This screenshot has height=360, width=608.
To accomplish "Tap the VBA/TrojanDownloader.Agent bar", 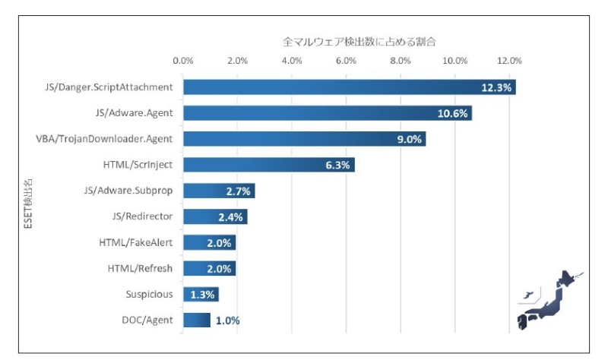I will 304,139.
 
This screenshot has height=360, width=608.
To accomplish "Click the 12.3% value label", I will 497,87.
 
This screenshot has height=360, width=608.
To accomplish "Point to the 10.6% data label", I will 453,113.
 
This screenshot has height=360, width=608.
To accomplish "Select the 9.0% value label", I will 408,139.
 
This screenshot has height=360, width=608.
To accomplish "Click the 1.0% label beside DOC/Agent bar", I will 227,321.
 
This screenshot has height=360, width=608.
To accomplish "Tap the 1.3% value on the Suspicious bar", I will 201,295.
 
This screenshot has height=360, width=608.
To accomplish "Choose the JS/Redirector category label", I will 142,216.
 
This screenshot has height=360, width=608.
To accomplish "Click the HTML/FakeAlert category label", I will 136,242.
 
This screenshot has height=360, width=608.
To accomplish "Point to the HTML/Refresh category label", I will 139,268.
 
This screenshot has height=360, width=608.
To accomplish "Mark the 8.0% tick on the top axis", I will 401,60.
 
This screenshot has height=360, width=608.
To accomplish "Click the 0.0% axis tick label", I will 183,60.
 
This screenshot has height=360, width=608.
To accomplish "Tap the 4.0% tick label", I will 292,60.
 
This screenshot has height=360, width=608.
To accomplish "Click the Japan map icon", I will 549,302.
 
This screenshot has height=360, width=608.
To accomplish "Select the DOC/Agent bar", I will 197,321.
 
